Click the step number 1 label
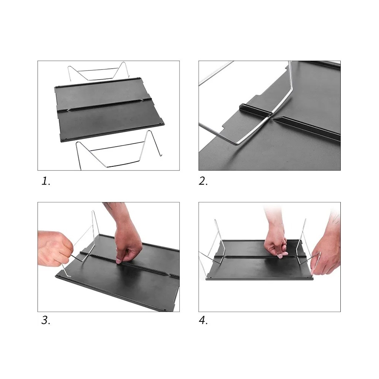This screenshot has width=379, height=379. (x=46, y=181)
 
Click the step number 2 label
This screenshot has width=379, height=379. (x=203, y=181)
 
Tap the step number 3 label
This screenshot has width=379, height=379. (x=46, y=321)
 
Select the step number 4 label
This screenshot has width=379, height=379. (x=203, y=321)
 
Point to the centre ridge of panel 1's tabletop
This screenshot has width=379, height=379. (x=105, y=105)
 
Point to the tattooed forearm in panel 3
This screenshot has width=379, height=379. (x=116, y=213)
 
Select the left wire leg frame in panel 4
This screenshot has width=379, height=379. (x=214, y=249)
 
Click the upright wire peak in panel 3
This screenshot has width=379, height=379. (x=92, y=212)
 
